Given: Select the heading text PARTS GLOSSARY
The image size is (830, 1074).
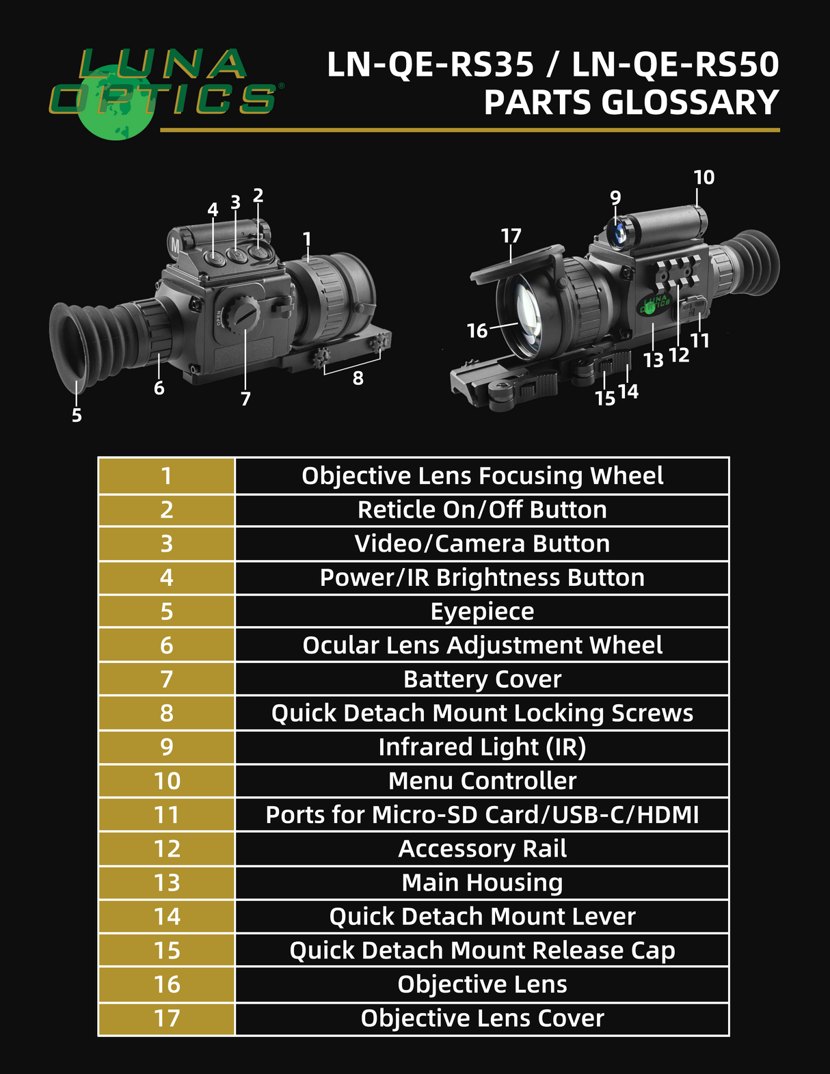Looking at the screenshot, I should (631, 103).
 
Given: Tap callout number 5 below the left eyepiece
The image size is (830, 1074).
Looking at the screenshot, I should (77, 415).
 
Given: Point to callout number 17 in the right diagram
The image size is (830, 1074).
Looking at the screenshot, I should (511, 236).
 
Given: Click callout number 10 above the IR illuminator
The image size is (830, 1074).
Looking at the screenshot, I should (704, 178).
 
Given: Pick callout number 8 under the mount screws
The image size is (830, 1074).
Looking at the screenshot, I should (358, 378).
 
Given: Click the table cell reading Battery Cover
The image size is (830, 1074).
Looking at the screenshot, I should (482, 680).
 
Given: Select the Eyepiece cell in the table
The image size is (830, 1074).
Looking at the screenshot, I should (482, 611).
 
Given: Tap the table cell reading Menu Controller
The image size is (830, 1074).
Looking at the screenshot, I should (482, 781).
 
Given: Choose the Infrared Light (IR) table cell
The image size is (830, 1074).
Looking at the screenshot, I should (482, 747).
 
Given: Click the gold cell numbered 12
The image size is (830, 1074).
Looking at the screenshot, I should (167, 849).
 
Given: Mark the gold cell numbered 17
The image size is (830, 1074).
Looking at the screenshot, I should (167, 1019).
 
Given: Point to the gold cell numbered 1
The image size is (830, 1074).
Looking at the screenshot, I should (167, 476).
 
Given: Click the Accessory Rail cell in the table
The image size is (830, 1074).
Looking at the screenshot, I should (482, 849).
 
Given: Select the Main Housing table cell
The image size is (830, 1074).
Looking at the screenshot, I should (482, 883).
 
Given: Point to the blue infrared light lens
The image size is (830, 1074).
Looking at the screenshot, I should (617, 230).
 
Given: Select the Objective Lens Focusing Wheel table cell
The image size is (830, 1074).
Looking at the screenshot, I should (482, 476).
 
